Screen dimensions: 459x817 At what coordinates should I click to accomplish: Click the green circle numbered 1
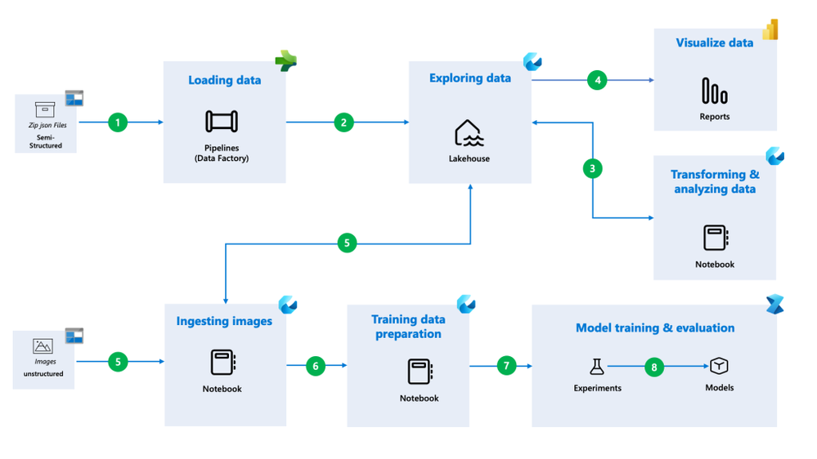[x=118, y=123]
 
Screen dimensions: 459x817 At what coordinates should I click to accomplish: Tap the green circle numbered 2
[x=343, y=123]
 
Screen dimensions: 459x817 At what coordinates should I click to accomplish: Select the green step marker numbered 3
[x=592, y=168]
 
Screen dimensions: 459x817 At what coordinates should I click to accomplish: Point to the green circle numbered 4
[x=597, y=80]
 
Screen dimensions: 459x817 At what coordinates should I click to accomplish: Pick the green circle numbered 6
[x=316, y=366]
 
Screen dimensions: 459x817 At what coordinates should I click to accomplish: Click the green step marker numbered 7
[x=506, y=366]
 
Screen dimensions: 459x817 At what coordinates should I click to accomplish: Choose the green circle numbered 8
[x=654, y=367]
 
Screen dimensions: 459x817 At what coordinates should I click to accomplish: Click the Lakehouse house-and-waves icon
[x=469, y=133]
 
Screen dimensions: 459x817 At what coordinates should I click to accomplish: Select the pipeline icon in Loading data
[x=222, y=122]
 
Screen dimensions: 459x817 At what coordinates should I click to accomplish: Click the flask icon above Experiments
[x=597, y=366]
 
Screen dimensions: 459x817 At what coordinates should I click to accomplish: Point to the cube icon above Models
[x=719, y=365]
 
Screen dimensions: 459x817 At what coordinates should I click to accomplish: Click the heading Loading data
[x=225, y=80]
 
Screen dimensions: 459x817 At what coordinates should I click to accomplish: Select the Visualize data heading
[x=715, y=42]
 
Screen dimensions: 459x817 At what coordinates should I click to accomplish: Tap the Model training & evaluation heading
[x=655, y=328]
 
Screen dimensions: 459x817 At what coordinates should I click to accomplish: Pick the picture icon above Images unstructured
[x=43, y=346]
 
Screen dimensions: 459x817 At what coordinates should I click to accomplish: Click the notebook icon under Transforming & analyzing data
[x=715, y=238]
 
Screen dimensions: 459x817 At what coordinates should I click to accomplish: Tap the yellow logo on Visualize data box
[x=770, y=30]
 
